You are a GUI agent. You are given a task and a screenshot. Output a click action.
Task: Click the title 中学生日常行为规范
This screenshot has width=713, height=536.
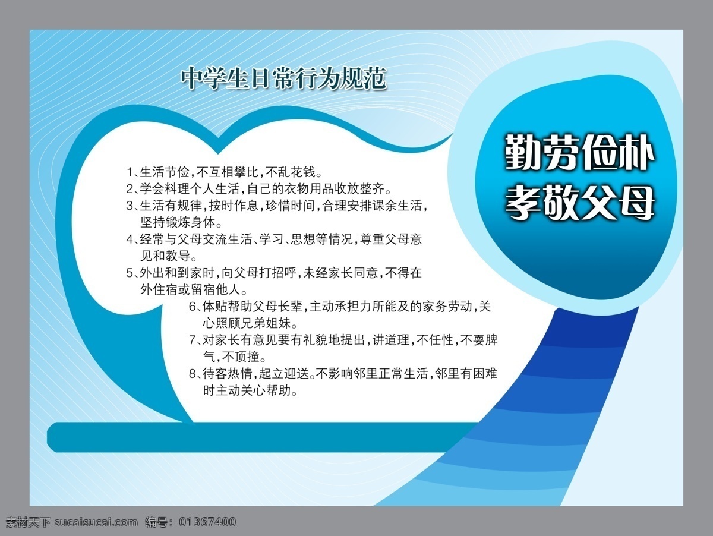(283, 78)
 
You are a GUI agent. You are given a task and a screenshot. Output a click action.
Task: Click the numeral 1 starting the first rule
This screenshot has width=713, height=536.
(130, 172)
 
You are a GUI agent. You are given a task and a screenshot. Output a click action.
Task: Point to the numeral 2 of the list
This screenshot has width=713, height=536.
(130, 189)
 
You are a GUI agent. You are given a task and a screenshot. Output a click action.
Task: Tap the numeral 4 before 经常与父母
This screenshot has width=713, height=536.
(130, 239)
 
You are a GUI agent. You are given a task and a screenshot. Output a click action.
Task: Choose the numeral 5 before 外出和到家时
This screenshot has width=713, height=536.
(130, 273)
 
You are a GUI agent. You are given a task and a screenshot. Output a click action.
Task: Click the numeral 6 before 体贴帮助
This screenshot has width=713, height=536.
(193, 307)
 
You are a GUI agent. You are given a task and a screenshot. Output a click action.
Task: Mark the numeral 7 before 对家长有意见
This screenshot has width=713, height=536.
(193, 340)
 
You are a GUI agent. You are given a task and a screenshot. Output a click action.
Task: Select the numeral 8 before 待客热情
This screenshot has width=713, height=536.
(193, 374)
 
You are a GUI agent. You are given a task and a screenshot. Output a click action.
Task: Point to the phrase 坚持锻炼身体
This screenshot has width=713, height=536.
(178, 223)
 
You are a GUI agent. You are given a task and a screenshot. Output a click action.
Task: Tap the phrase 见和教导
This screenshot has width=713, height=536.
(165, 256)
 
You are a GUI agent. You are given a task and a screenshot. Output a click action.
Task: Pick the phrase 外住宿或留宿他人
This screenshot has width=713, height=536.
(190, 290)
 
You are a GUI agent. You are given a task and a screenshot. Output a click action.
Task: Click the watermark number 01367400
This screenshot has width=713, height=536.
(207, 522)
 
